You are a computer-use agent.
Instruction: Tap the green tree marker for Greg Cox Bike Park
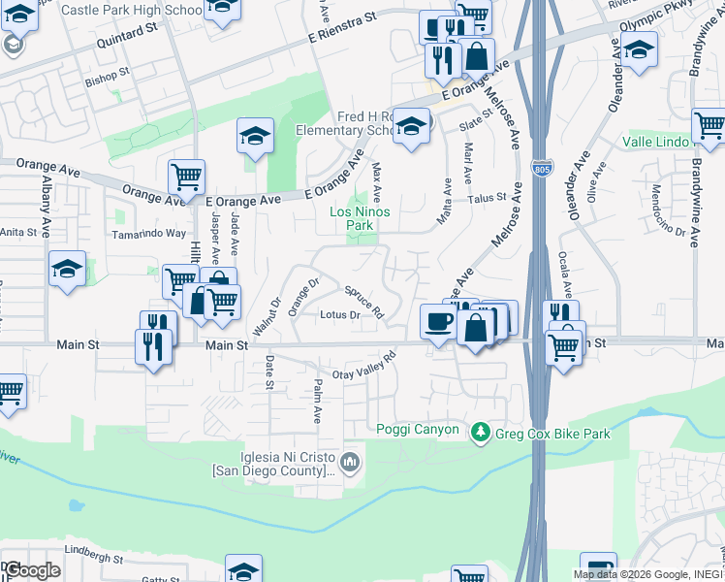(479, 432)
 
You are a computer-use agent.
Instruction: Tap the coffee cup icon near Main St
(437, 321)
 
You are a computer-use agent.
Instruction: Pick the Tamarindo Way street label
(146, 233)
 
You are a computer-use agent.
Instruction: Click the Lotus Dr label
(340, 314)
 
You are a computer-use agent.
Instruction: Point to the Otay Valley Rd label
(365, 369)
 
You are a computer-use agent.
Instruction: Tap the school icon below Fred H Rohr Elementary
(411, 127)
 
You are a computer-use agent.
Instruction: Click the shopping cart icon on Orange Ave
(186, 177)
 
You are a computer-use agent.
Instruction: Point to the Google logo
(32, 569)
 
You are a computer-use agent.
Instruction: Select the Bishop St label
(107, 74)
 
